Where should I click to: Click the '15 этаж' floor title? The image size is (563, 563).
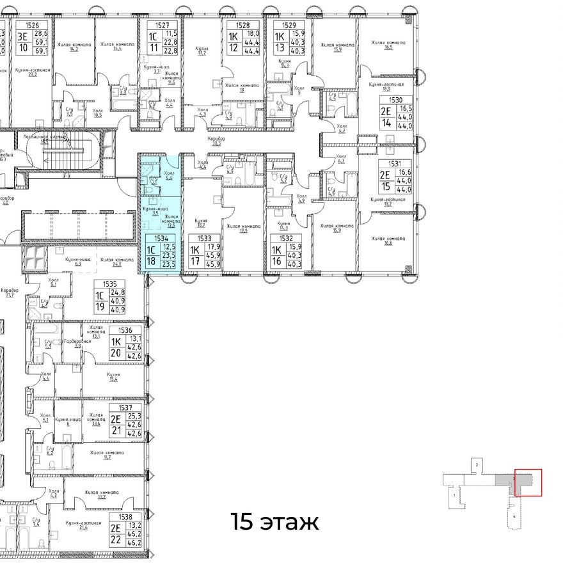click(x=274, y=522)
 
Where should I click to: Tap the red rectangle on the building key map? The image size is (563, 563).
click(x=528, y=482)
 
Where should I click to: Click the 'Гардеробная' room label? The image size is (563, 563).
click(x=77, y=343)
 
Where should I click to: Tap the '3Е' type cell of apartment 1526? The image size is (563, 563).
click(x=23, y=36)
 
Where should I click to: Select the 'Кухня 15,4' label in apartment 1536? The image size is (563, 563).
click(x=114, y=377)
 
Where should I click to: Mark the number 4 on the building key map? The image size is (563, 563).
click(x=514, y=514)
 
